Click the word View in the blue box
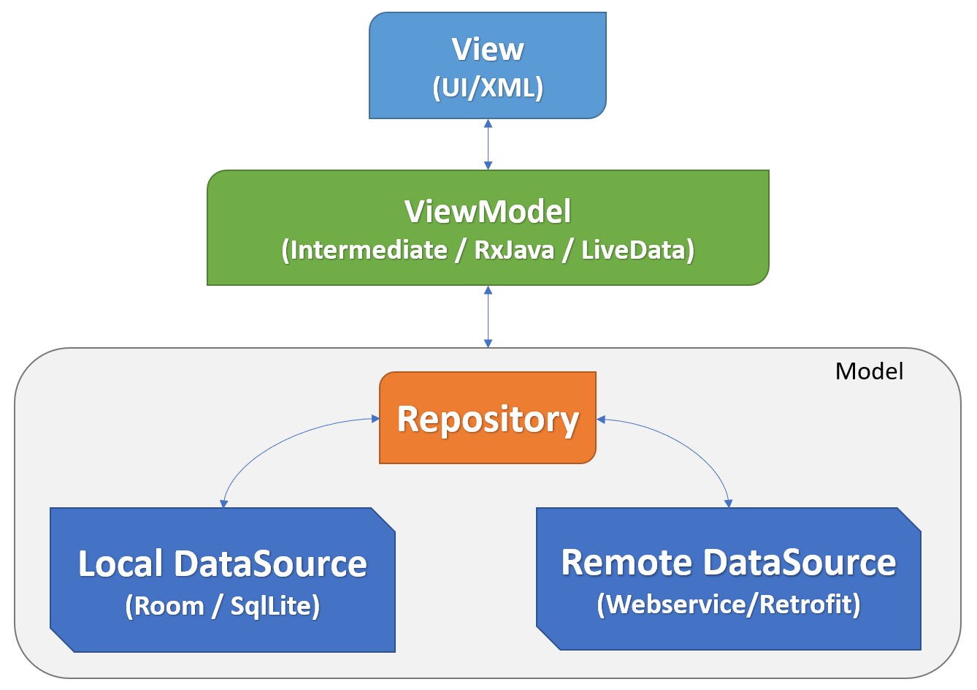click(487, 50)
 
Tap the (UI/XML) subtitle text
click(487, 88)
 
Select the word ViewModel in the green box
click(488, 211)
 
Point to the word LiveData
click(633, 250)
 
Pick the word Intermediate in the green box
click(368, 250)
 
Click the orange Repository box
click(488, 419)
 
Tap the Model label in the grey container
click(869, 371)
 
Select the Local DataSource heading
click(222, 564)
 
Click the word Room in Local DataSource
click(168, 606)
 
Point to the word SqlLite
click(271, 606)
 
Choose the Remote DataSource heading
click(728, 562)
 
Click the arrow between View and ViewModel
click(488, 145)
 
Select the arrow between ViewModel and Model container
click(488, 316)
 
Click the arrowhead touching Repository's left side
click(375, 419)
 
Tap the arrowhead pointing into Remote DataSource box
click(728, 503)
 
